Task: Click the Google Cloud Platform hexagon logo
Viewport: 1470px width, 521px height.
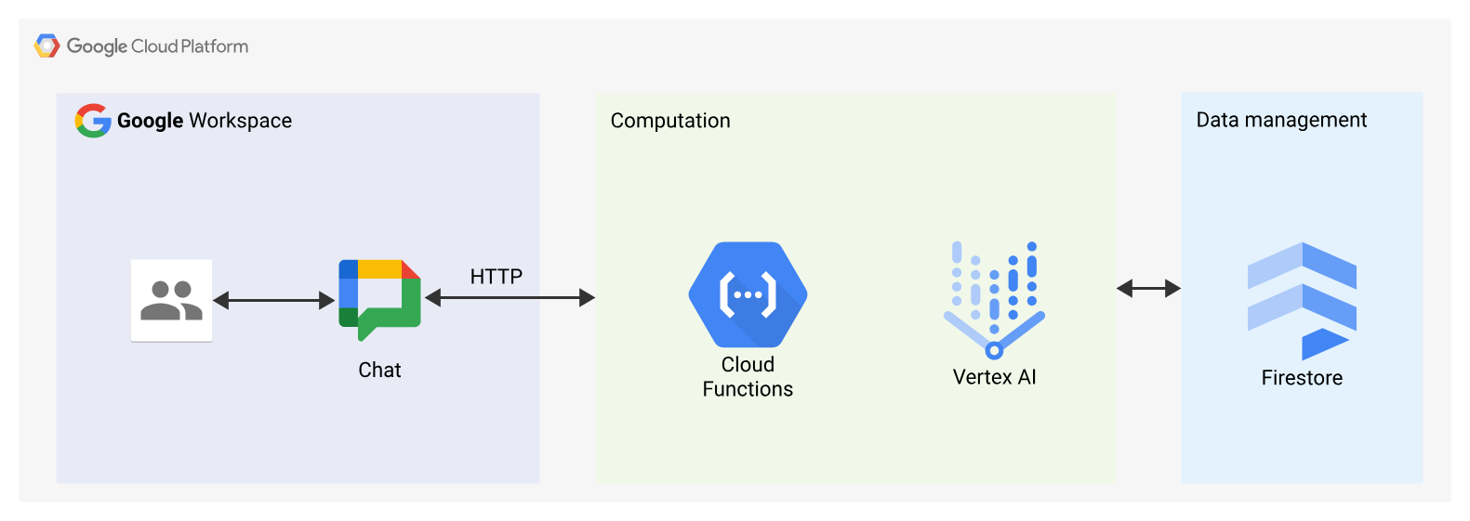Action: click(x=46, y=46)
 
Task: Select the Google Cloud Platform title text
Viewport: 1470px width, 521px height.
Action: click(x=157, y=46)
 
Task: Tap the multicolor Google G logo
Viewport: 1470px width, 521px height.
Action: click(x=93, y=121)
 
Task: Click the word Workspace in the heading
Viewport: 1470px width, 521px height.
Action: click(x=240, y=121)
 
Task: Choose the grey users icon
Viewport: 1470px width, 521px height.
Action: click(x=171, y=300)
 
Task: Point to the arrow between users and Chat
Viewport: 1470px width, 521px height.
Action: click(x=273, y=300)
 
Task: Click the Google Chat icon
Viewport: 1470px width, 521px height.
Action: click(x=379, y=298)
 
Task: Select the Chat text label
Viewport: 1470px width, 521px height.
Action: click(x=379, y=370)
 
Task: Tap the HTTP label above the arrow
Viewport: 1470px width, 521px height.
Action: click(x=496, y=277)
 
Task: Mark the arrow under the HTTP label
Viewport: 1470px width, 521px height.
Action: click(x=510, y=297)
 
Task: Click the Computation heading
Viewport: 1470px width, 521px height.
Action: click(x=669, y=121)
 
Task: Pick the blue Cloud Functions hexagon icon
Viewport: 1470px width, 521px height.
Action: click(x=748, y=294)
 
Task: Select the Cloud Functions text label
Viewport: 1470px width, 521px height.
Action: click(x=748, y=377)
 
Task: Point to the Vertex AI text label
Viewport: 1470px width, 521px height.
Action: click(x=994, y=377)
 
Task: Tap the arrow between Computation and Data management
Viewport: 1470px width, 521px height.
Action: click(x=1148, y=289)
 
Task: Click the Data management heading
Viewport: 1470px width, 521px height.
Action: click(x=1280, y=120)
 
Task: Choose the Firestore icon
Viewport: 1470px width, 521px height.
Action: click(x=1302, y=299)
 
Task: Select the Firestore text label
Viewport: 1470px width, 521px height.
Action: click(x=1302, y=378)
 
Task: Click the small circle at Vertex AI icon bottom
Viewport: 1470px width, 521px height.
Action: click(x=994, y=350)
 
